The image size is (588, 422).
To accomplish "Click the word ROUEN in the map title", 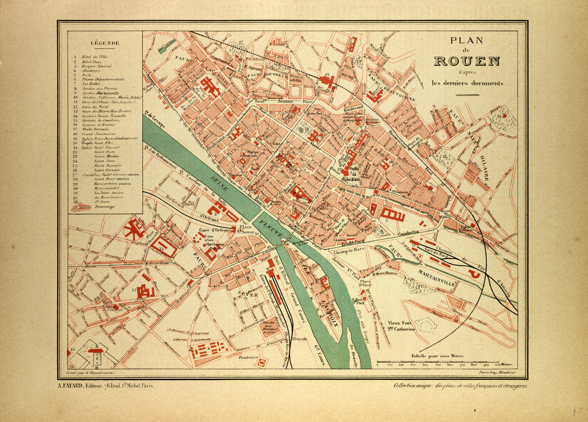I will click(x=466, y=61).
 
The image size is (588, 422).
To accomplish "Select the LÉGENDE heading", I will click(x=105, y=43).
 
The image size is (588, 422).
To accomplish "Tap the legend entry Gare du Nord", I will click(x=92, y=107).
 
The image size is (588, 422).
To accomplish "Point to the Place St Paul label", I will click(x=363, y=282).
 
